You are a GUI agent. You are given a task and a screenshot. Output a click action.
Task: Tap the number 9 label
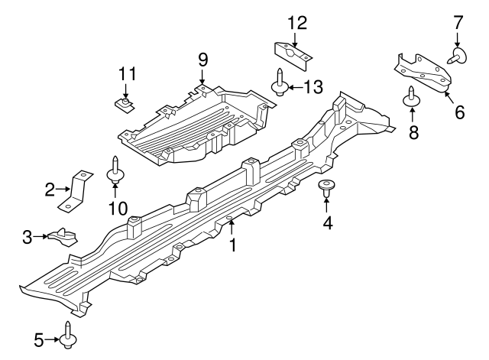pos(202,58)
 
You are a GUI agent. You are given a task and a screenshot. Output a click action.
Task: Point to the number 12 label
pos(296,22)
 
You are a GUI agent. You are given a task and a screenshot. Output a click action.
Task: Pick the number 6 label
pos(458,112)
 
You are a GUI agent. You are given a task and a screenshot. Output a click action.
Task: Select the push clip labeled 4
pos(328,187)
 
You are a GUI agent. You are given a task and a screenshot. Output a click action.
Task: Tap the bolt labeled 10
pos(115,170)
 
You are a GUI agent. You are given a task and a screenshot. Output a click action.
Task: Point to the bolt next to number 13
pos(280,83)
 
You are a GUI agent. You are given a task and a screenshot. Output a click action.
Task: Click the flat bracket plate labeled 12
pos(293,52)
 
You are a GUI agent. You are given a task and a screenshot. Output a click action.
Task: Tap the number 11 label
pos(127,74)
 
